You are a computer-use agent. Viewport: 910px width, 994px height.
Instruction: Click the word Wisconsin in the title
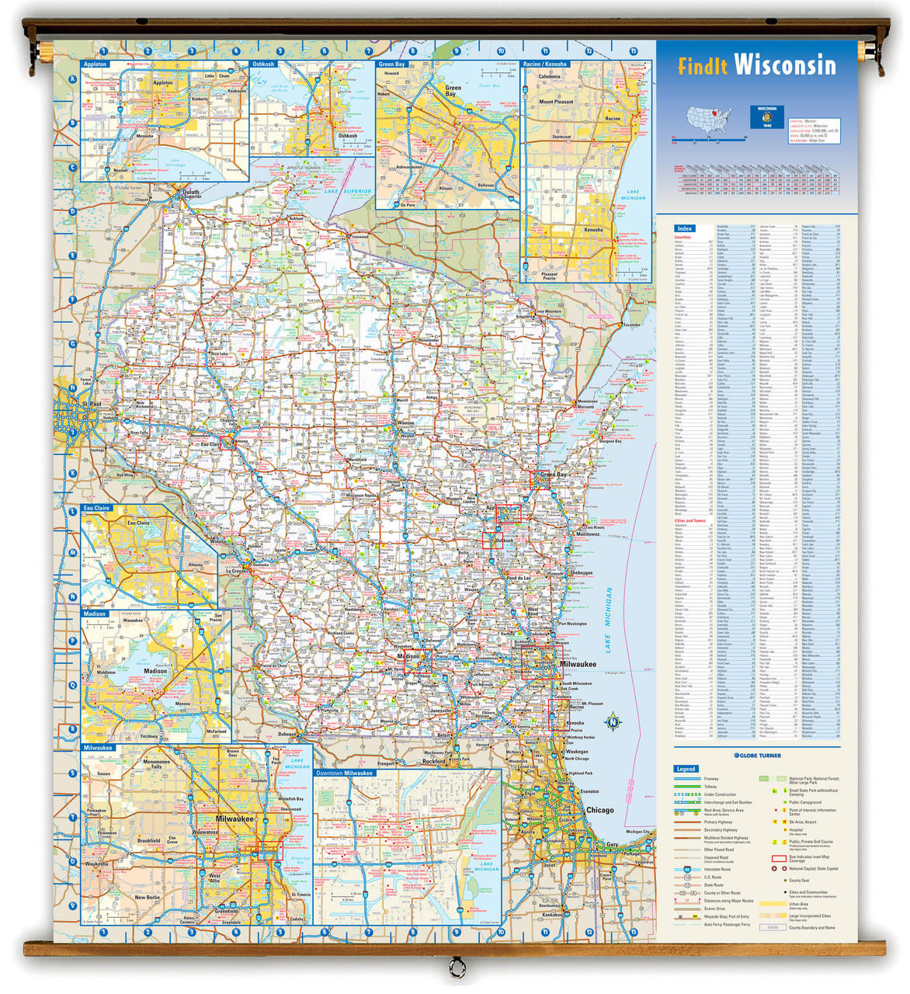click(785, 64)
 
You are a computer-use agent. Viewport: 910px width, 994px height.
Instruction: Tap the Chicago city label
click(599, 810)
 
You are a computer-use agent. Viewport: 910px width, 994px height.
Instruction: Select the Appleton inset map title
click(95, 64)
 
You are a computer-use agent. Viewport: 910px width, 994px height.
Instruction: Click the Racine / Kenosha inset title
click(545, 64)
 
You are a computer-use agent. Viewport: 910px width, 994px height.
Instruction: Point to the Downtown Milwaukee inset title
click(345, 773)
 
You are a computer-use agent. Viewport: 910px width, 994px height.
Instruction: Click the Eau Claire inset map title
click(97, 508)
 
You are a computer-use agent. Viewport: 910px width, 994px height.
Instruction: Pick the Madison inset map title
click(95, 613)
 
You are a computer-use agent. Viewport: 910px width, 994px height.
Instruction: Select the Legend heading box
click(686, 769)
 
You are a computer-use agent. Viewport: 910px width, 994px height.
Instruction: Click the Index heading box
click(684, 228)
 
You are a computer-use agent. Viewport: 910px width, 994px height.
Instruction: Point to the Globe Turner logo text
click(759, 755)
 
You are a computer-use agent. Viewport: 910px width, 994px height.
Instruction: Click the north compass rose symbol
click(613, 721)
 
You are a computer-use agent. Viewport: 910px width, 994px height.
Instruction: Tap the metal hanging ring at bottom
click(457, 968)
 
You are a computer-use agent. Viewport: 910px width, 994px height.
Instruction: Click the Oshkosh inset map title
click(263, 64)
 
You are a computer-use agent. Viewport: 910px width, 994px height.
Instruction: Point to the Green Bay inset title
click(391, 64)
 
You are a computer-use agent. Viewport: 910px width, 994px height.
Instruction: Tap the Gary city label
click(613, 844)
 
